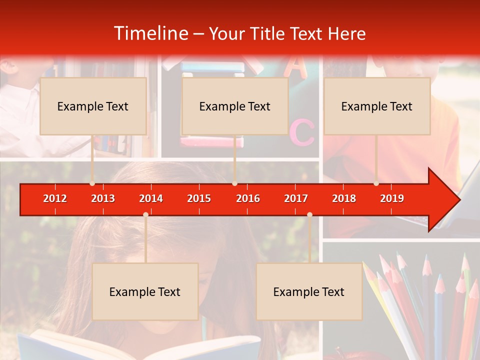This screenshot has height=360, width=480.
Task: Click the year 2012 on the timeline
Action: (55, 198)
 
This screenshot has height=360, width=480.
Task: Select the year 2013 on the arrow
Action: (103, 198)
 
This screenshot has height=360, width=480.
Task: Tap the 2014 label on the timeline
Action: (151, 198)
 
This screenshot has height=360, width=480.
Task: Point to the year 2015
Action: (199, 198)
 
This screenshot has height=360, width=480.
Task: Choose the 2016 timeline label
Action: (248, 198)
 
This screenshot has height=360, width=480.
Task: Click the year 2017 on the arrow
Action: (296, 198)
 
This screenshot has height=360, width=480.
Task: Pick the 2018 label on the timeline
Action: (344, 198)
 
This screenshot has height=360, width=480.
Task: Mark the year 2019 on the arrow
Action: (392, 198)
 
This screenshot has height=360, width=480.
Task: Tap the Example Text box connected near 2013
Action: (93, 106)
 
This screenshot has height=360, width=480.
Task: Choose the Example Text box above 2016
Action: (235, 106)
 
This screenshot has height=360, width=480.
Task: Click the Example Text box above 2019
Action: (377, 106)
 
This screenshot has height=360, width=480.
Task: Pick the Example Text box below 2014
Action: (145, 291)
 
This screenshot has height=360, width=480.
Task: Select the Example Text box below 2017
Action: (309, 291)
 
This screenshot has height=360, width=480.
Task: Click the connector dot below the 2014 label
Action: (145, 214)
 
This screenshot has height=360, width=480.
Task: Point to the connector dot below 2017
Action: (309, 214)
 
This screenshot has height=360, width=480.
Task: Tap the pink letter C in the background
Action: (302, 132)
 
